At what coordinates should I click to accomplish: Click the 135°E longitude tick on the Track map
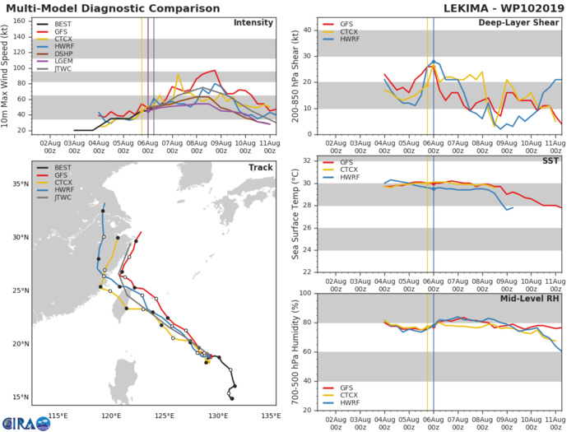click(271, 415)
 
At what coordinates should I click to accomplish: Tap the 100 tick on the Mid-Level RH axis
click(303, 292)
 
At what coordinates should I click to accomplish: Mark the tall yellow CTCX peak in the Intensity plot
click(178, 74)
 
